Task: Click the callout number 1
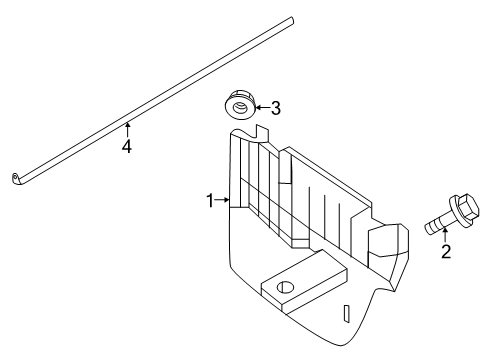click(210, 201)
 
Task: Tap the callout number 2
click(446, 252)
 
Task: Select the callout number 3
click(275, 108)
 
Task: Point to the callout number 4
click(127, 146)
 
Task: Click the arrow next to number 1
click(222, 200)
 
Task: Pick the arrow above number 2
click(445, 234)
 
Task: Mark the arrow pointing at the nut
click(262, 107)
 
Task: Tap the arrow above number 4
click(127, 130)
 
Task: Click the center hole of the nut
click(240, 107)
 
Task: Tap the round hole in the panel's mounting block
click(286, 287)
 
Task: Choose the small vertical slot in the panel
click(347, 313)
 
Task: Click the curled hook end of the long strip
click(16, 178)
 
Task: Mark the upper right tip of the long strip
click(293, 19)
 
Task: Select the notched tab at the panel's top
click(261, 133)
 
